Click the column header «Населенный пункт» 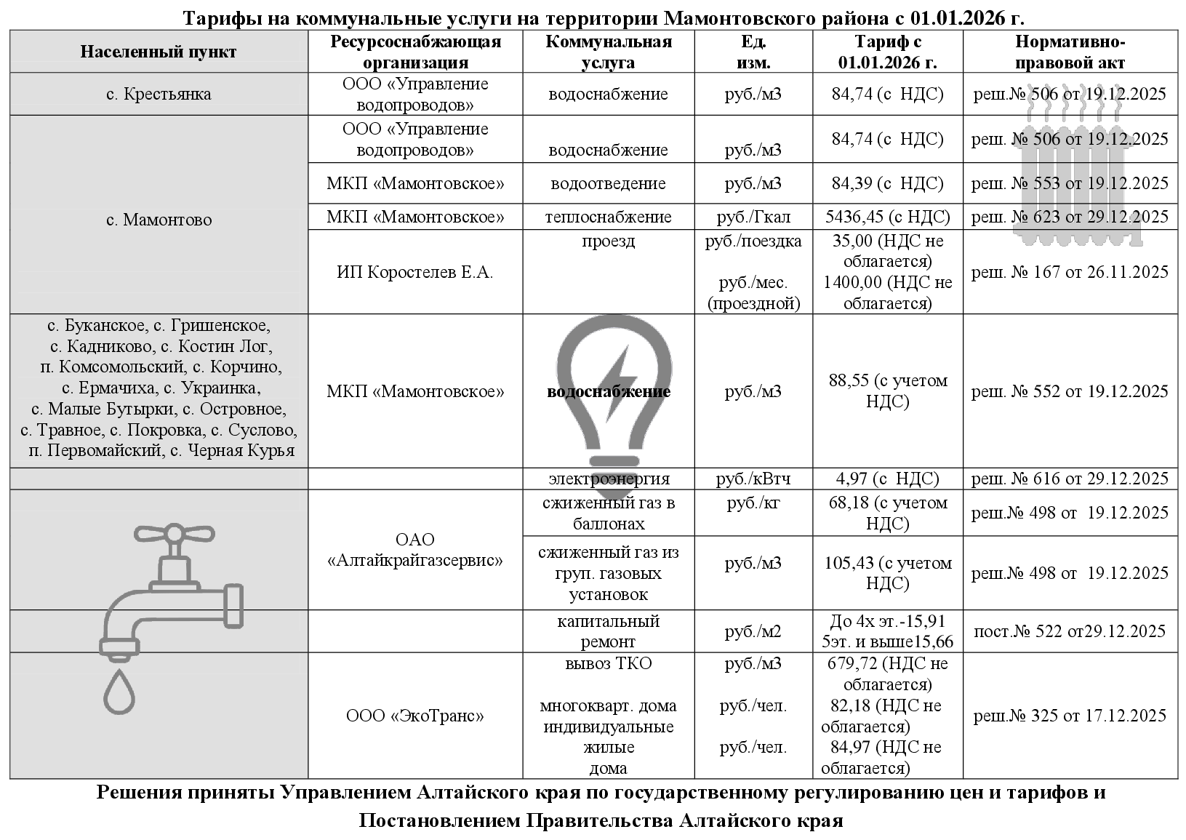coord(158,52)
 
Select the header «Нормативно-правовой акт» coord(1069,52)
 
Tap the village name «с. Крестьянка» coord(158,95)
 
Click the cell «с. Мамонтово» coord(158,220)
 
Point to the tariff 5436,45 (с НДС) coord(887,217)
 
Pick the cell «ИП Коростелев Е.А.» coord(414,273)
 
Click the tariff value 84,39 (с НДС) coord(887,183)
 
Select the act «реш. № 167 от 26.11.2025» coord(1069,273)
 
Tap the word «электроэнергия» coord(609,479)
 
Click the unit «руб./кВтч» coord(753,479)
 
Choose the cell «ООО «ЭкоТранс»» coord(414,716)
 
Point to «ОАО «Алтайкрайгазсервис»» coord(414,550)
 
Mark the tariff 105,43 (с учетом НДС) coord(887,573)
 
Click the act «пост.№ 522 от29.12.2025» coord(1069,631)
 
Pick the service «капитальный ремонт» coord(609,631)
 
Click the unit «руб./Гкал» coord(753,217)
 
